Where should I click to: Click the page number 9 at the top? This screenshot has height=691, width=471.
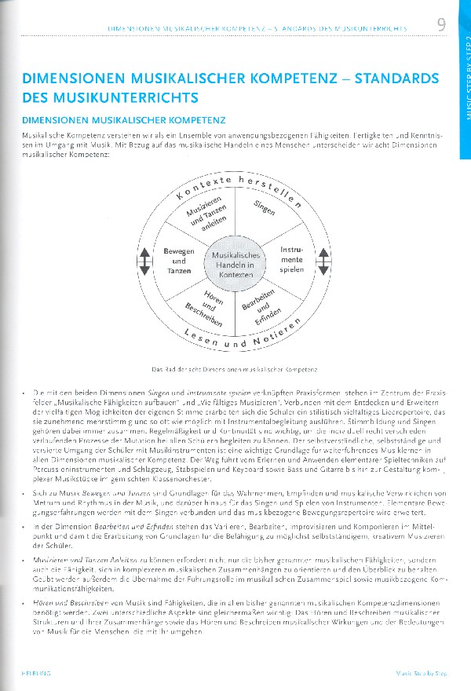point(442,24)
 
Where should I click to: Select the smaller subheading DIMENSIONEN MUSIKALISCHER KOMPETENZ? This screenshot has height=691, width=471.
point(124,121)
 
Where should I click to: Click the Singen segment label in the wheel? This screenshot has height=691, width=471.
point(265,207)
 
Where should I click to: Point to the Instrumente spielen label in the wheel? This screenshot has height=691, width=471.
point(292,259)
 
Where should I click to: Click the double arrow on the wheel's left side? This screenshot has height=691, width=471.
point(144,261)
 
